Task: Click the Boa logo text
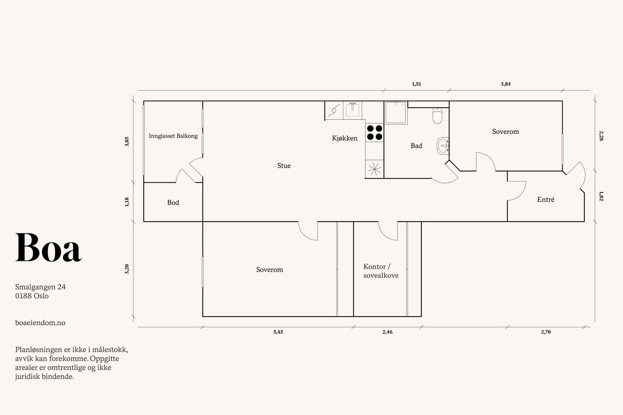coord(48,248)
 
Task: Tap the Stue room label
coord(284,166)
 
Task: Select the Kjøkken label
coord(345,138)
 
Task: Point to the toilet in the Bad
coord(438,116)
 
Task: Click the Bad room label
coord(416,146)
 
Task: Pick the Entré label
coord(546,200)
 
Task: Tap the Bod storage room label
coord(173,203)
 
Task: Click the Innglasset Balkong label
coord(173,136)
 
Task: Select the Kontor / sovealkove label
coord(380,271)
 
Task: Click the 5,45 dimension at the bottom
coord(278,332)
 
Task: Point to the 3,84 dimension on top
coord(505,84)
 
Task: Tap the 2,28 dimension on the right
coord(601,136)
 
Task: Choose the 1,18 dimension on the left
coord(127,202)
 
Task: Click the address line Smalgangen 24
coord(40,287)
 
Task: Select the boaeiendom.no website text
coord(40,323)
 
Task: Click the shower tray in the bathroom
coord(396,113)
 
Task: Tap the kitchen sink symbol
coord(353,110)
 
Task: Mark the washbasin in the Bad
coord(443,146)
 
